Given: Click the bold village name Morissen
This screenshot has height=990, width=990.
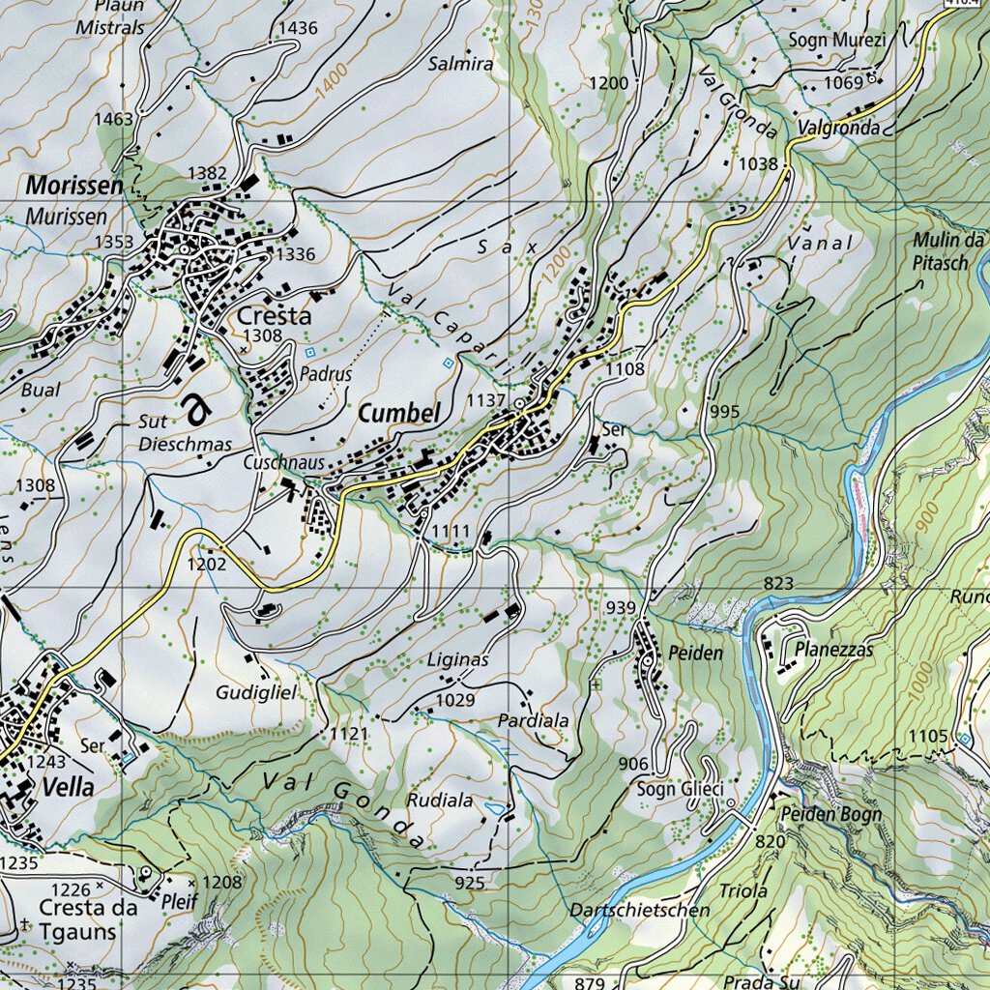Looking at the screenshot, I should coord(75,185).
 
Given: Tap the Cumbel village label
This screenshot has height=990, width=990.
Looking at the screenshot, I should coord(398,414).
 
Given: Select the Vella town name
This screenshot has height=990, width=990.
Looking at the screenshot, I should coord(69,788).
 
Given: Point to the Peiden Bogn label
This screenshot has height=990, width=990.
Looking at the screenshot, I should coord(831,814).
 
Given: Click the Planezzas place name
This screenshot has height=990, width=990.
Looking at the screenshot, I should coord(834,650).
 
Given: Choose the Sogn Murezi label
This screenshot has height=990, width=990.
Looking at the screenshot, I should coord(836,40).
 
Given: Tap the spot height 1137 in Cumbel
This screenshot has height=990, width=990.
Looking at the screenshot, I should coord(485,400).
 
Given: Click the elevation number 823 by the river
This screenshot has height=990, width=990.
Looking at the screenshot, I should coord(777,583).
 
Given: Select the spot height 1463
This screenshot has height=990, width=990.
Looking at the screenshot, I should coord(113,119).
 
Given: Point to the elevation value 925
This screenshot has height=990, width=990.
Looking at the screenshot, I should coord(468,883).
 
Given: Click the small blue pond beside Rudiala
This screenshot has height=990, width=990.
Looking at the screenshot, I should coord(495,805).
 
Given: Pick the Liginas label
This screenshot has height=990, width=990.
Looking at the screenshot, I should coord(457,660).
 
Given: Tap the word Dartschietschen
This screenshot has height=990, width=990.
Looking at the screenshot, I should coord(639,911).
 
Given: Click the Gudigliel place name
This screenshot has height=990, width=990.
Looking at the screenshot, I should coord(254,693).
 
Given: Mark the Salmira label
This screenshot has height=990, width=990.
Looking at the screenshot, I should coord(460,65).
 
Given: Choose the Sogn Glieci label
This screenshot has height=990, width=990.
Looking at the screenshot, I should coord(679,791).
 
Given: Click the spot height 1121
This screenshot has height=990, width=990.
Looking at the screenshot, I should coord(349,735).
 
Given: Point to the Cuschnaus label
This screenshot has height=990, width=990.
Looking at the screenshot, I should coord(283,463).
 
